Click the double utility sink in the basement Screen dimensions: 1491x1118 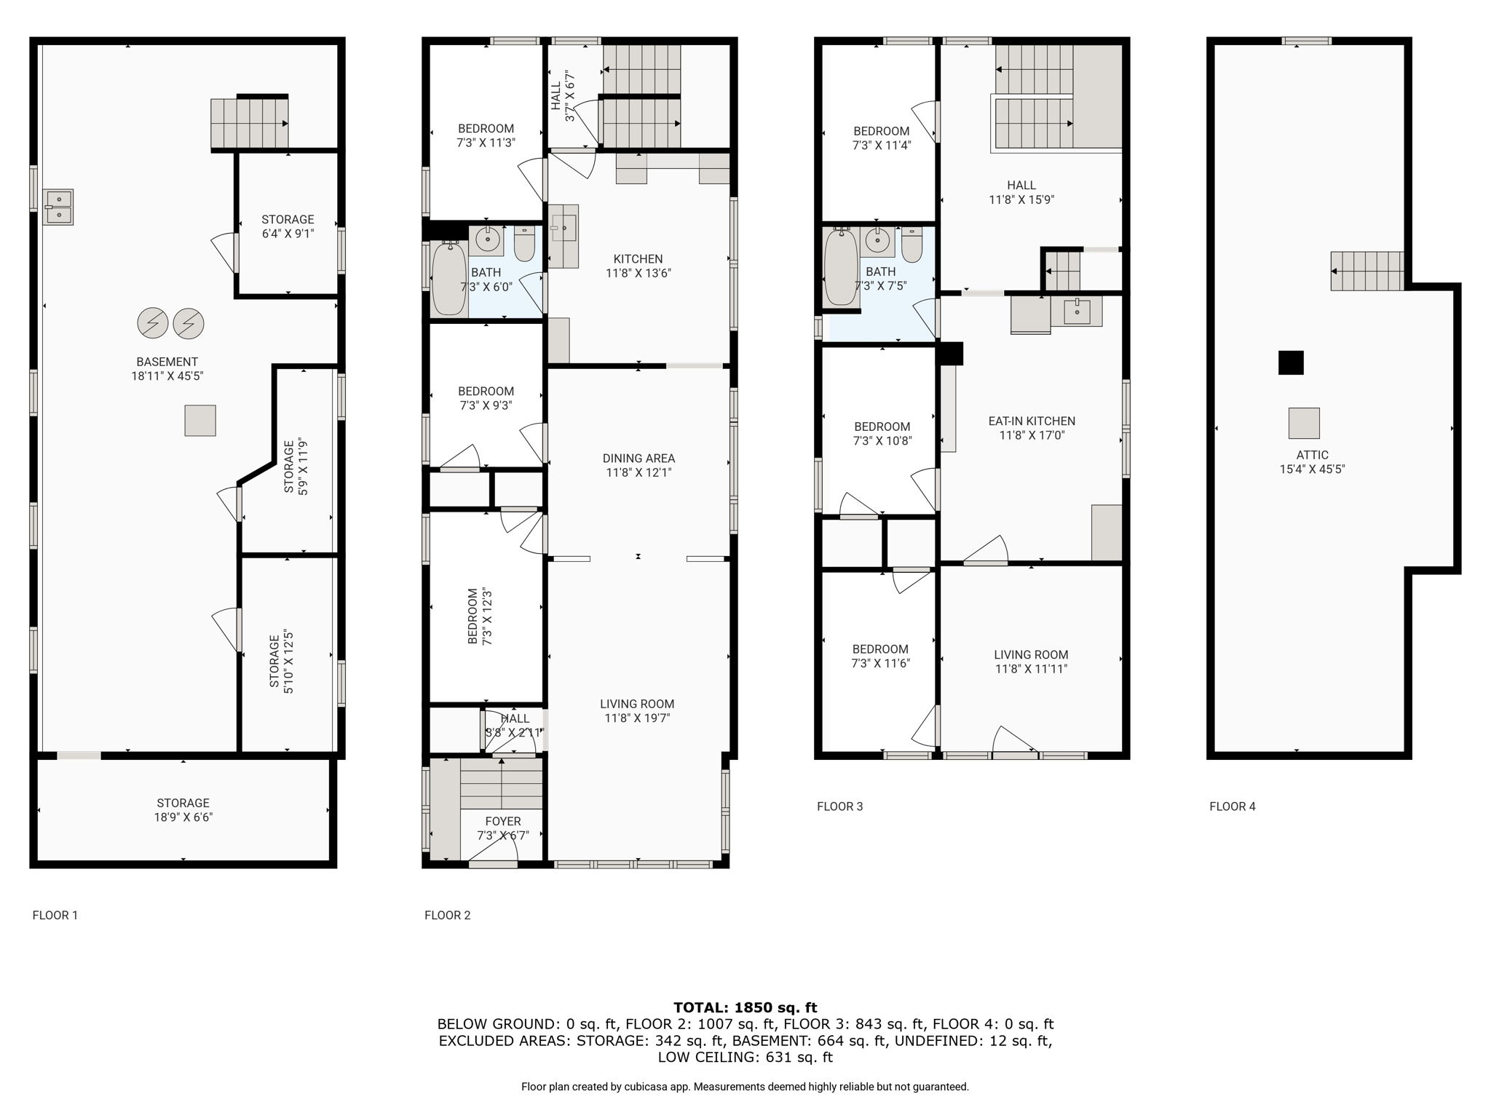pyautogui.click(x=58, y=207)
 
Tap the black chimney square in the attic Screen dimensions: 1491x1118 pyautogui.click(x=1291, y=362)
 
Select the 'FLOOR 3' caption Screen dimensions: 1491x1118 pyautogui.click(x=839, y=806)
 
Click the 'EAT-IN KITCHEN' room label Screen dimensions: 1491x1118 pyautogui.click(x=1031, y=421)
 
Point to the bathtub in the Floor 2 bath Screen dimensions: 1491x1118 pyautogui.click(x=449, y=278)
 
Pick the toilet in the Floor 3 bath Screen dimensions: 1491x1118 pyautogui.click(x=911, y=245)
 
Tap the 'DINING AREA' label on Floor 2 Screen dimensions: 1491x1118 pyautogui.click(x=638, y=459)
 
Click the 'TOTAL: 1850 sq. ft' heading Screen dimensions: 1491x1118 pyautogui.click(x=745, y=1007)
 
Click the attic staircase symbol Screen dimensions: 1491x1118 pyautogui.click(x=1367, y=271)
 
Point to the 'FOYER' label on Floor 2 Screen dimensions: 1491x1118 pyautogui.click(x=503, y=821)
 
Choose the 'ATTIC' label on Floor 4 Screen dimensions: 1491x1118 pyautogui.click(x=1312, y=455)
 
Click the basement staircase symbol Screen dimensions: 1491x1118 pyautogui.click(x=250, y=124)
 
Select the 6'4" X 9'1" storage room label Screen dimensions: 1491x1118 pyautogui.click(x=288, y=226)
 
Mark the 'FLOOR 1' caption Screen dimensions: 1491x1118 pyautogui.click(x=55, y=916)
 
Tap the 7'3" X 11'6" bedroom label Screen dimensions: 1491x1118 pyautogui.click(x=880, y=657)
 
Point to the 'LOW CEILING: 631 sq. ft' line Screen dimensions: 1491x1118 pyautogui.click(x=745, y=1057)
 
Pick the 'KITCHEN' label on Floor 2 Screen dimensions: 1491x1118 pyautogui.click(x=638, y=259)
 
